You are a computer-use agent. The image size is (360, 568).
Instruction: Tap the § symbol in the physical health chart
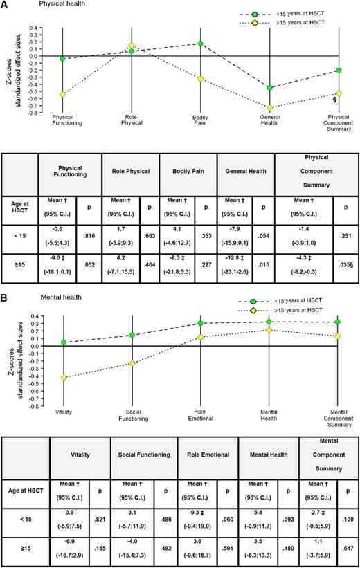334,99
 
